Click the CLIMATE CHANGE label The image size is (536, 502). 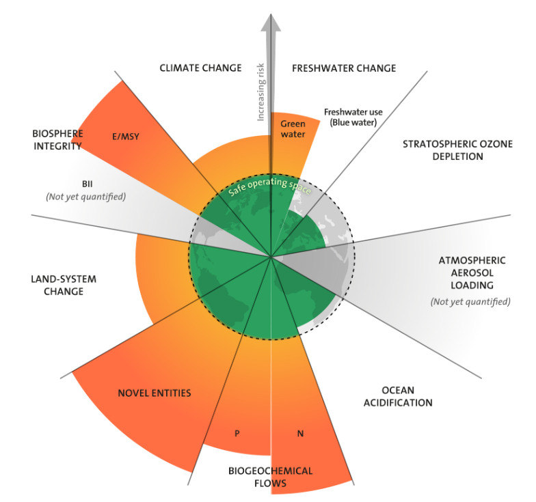pos(200,68)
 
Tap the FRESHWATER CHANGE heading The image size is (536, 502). pos(344,68)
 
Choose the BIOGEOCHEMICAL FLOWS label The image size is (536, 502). pos(270,477)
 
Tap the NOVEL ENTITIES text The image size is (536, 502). pos(154,393)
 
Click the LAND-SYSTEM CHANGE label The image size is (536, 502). pos(64,285)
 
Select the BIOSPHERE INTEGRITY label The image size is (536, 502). pos(57,139)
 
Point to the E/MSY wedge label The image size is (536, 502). pos(125,136)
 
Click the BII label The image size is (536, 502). pos(88,184)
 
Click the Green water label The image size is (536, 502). pos(293,129)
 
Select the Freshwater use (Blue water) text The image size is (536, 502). pos(353,117)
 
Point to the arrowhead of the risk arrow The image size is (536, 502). pos(272,20)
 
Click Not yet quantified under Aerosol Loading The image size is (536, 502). pos(470,301)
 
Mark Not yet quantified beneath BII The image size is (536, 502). pos(86,197)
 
